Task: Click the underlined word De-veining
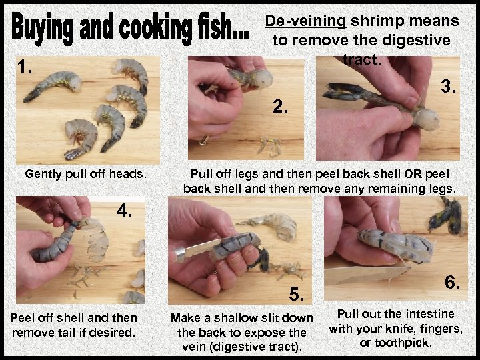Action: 305,21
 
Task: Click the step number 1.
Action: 25,67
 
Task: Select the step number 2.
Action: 280,107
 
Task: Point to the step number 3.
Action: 449,87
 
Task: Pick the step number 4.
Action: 124,210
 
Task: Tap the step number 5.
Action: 297,295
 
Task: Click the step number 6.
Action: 452,282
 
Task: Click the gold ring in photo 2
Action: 204,140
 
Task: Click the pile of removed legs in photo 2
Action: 270,146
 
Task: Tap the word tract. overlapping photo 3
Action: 362,59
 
